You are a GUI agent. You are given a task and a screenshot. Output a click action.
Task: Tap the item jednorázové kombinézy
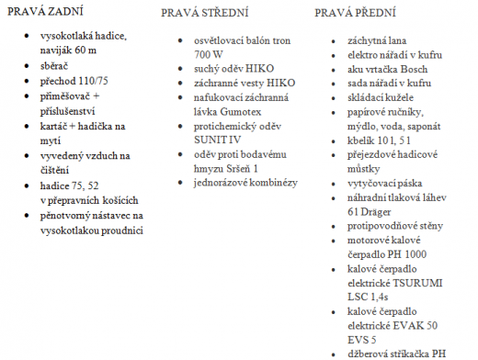pos(239,184)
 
